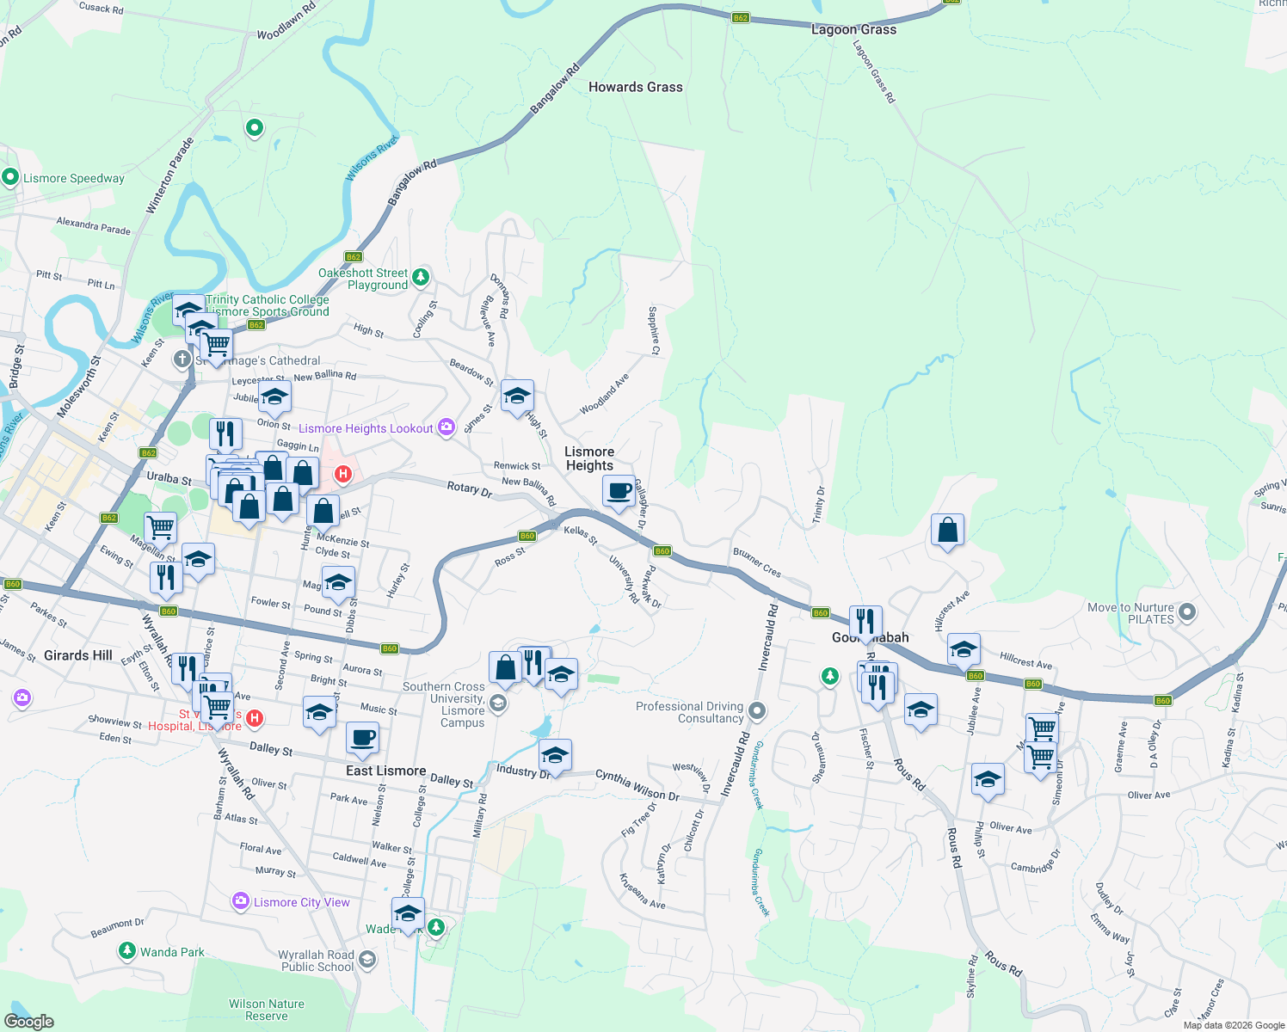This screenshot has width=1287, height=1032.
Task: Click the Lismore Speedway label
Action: click(73, 179)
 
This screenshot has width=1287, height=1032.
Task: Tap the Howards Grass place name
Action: click(635, 87)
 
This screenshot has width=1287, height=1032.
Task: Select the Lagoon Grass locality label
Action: click(853, 29)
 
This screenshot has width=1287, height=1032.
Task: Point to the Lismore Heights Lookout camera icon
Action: click(446, 427)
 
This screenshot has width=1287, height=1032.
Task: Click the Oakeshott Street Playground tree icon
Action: click(421, 277)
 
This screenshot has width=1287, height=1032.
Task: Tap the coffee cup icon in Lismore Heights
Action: click(619, 492)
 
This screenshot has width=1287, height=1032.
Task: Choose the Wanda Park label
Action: click(172, 952)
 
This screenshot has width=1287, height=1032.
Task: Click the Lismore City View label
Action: click(301, 902)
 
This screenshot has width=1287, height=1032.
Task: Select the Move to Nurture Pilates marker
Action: click(1187, 612)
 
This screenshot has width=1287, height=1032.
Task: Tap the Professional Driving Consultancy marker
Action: click(757, 710)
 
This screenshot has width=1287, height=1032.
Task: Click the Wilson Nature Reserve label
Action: click(266, 1010)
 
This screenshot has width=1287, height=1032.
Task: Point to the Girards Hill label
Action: click(78, 655)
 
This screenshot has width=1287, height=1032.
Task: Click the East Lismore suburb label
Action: click(385, 771)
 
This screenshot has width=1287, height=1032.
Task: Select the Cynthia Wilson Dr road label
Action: click(637, 784)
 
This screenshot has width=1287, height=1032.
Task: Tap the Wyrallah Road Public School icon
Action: click(367, 960)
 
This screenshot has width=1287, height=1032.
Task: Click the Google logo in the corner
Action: click(29, 1021)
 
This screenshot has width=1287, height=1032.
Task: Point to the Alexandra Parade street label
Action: click(93, 226)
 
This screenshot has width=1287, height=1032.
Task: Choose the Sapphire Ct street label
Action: click(654, 330)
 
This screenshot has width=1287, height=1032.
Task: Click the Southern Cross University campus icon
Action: click(497, 704)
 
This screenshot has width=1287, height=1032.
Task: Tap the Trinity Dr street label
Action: click(819, 504)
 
